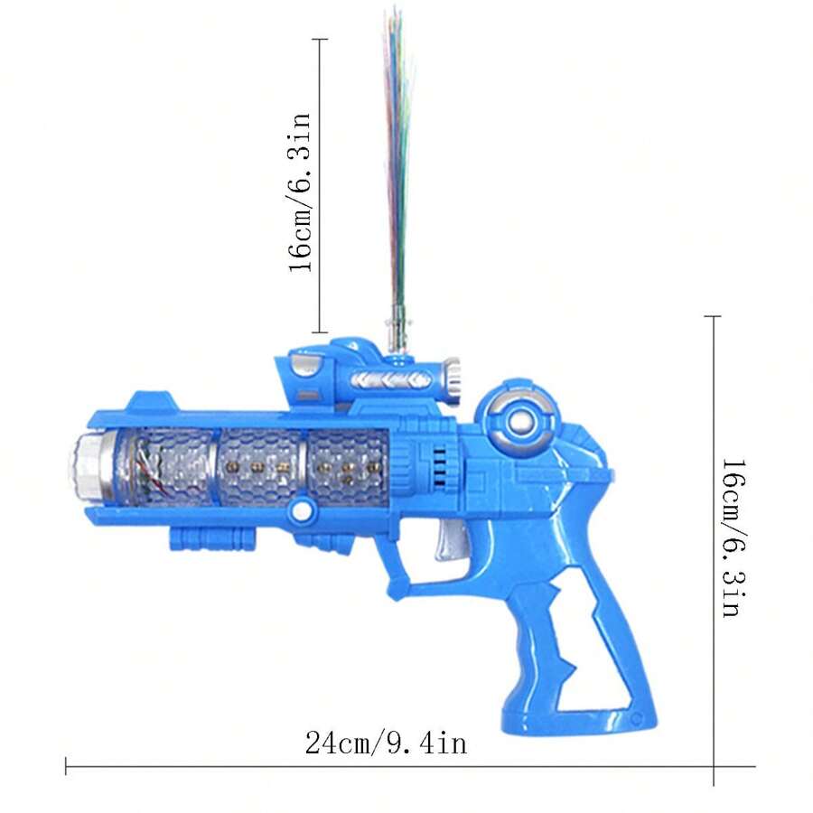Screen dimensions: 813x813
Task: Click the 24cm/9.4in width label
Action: click(386, 743)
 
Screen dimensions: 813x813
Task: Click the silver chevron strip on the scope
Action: click(383, 378)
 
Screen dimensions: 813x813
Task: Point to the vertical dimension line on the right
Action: click(714, 542)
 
